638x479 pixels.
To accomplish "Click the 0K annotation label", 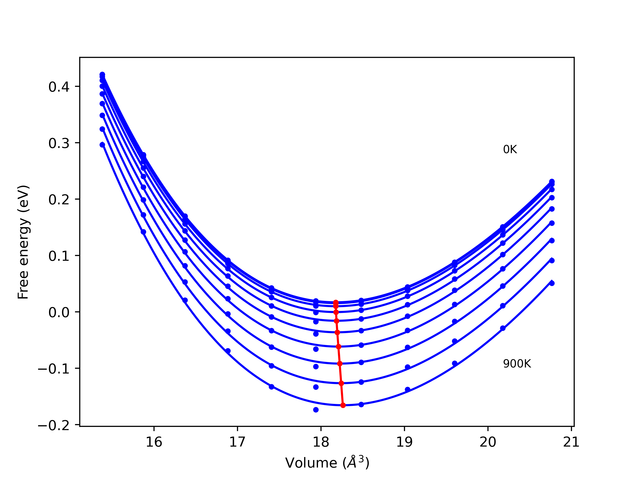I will (510, 149).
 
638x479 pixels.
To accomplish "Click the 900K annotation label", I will (517, 364).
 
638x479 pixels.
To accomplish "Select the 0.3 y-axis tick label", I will (59, 143).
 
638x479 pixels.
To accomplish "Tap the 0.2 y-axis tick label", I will (59, 200).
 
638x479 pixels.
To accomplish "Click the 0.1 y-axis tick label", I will (59, 256).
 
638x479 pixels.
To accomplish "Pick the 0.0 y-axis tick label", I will (59, 312).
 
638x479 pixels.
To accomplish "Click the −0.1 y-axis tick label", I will (54, 369).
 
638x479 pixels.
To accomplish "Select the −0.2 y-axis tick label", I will (54, 425).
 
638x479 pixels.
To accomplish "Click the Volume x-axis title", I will (327, 463).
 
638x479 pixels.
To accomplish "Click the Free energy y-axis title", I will (23, 242).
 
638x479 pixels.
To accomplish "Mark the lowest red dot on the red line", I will (343, 405).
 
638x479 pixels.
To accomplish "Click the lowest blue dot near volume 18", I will (316, 410).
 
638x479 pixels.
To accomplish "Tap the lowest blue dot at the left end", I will (102, 145).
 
